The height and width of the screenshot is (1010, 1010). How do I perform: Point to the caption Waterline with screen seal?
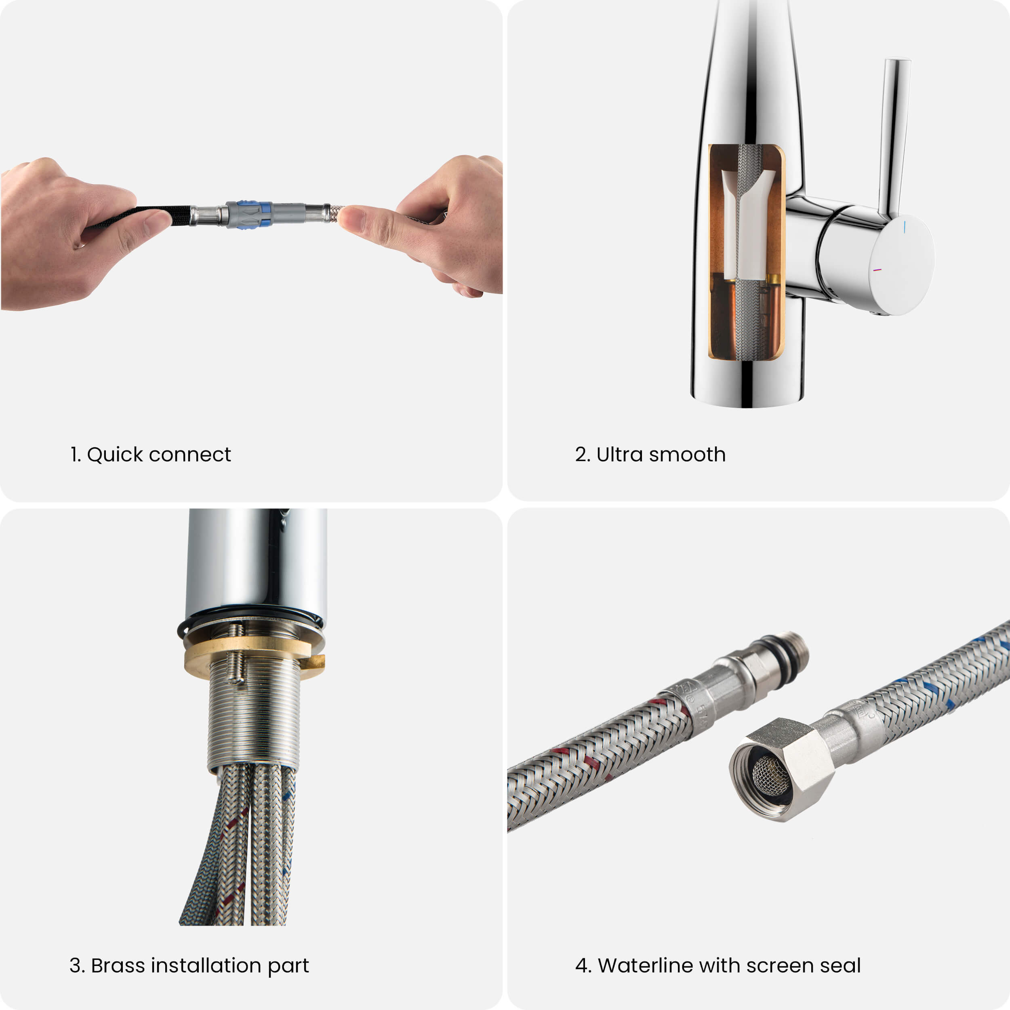729,966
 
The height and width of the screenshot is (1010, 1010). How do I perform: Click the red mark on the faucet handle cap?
877,270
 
